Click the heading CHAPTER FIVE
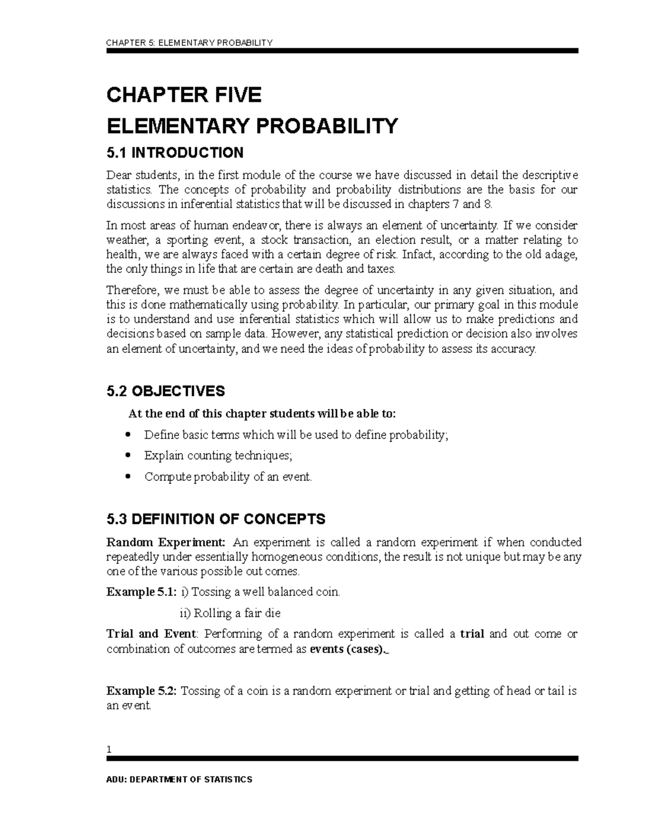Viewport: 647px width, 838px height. pyautogui.click(x=184, y=96)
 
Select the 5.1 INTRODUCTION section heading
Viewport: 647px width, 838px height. pyautogui.click(x=175, y=153)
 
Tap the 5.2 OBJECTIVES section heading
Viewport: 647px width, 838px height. pyautogui.click(x=166, y=391)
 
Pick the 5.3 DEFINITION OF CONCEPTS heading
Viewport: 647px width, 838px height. pyautogui.click(x=216, y=519)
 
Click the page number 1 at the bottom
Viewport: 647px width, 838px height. pyautogui.click(x=109, y=750)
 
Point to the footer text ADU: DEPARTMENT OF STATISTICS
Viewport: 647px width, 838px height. pyautogui.click(x=179, y=780)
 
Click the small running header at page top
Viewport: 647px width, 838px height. pyautogui.click(x=190, y=43)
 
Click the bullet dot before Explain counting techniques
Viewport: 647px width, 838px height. pyautogui.click(x=128, y=455)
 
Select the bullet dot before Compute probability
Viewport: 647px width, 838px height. pyautogui.click(x=128, y=476)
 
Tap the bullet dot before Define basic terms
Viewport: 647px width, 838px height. pyautogui.click(x=128, y=434)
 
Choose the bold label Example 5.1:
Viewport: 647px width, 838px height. pyautogui.click(x=141, y=592)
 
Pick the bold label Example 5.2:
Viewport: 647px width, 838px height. pyautogui.click(x=141, y=691)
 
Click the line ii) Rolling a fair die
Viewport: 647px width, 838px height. pyautogui.click(x=230, y=613)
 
